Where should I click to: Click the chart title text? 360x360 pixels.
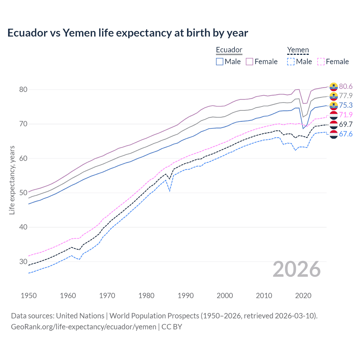tap(128, 33)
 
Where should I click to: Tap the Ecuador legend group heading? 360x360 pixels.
tap(229, 50)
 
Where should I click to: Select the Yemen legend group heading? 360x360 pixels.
tap(298, 50)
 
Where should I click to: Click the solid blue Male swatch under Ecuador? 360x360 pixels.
tap(220, 62)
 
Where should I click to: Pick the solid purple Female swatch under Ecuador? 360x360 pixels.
tap(249, 62)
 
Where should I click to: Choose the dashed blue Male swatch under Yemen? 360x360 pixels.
tap(291, 62)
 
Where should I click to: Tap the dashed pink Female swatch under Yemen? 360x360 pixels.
tap(321, 62)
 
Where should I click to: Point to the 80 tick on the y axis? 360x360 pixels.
tap(23, 90)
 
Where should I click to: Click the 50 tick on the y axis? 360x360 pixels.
tap(23, 193)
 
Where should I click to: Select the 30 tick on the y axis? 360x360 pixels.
tap(23, 262)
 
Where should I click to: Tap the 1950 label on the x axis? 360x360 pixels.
tap(29, 296)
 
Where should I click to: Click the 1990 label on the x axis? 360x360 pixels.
tap(186, 296)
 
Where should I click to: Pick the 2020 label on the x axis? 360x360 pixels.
tap(303, 296)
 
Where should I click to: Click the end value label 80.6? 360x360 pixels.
tap(346, 86)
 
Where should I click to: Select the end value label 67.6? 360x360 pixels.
tap(346, 134)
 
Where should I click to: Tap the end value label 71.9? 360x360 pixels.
tap(346, 115)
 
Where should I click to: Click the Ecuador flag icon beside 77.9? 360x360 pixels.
tap(334, 96)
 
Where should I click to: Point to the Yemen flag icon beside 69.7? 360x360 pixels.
tap(334, 124)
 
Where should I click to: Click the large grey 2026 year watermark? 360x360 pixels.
tap(297, 269)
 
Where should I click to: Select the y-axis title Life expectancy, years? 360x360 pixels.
tap(12, 180)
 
